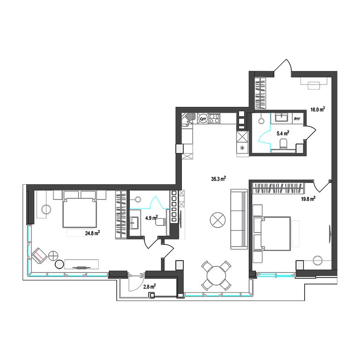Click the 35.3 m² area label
pos(218,179)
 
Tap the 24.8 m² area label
pos(92,233)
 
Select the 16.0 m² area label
pos(318,110)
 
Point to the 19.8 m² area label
pos(308,199)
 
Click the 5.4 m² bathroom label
pos(283,133)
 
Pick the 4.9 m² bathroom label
pos(151,217)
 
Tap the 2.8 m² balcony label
pos(150,286)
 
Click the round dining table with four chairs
pos(216,275)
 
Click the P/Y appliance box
pos(297,119)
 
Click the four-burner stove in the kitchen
pos(214,119)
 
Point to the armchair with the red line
pos(39,256)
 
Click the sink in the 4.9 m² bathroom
pos(135,223)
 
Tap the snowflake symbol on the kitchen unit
pos(242,148)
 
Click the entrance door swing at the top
pos(283,66)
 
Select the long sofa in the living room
pos(239,219)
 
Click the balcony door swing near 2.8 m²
pos(136,282)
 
